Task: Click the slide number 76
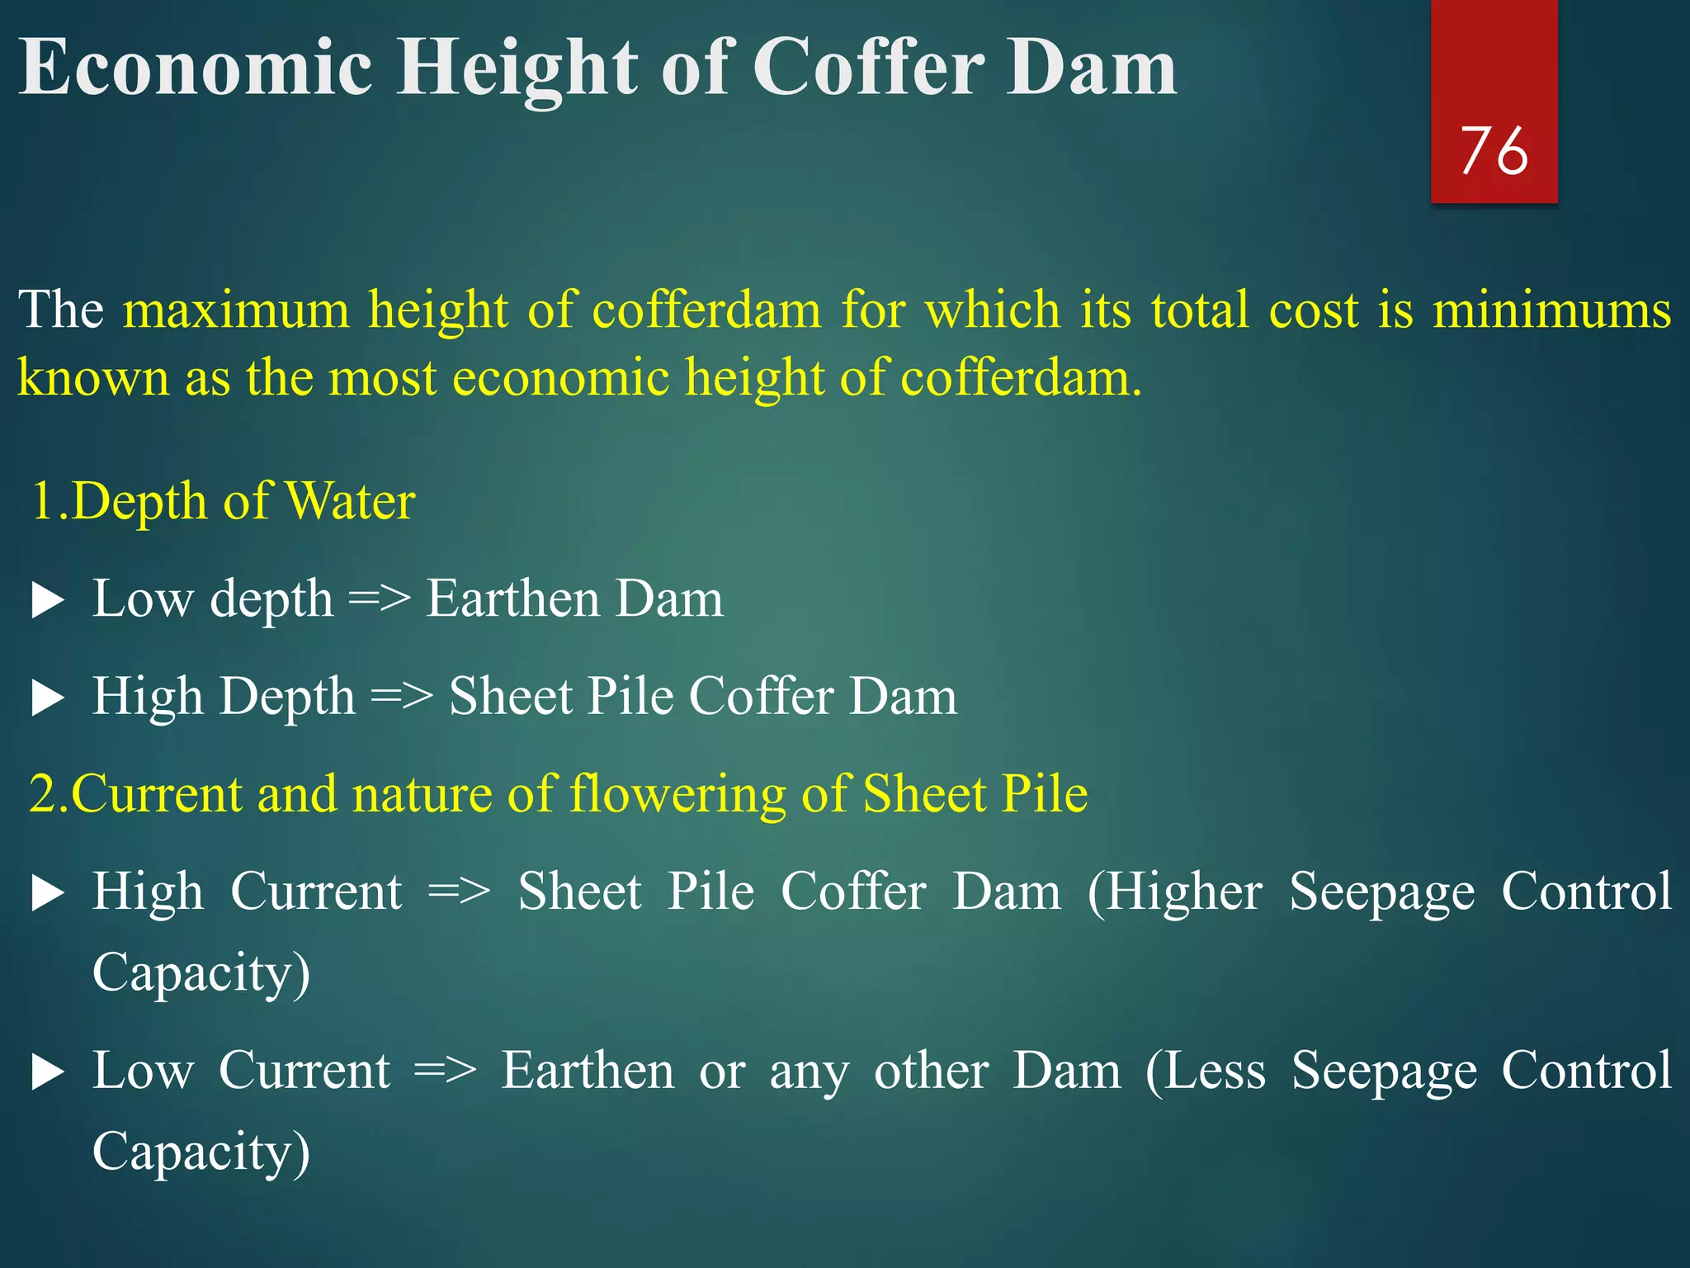(1494, 151)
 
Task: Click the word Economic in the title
(196, 68)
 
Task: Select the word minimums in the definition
(1551, 310)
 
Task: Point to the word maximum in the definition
(236, 310)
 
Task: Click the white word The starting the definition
(61, 310)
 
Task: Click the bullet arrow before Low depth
(48, 601)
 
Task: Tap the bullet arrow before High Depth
(48, 698)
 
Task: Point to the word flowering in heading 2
(676, 794)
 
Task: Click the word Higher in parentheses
(1184, 892)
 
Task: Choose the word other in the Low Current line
(931, 1071)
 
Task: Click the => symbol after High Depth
(402, 697)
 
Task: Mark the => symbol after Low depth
(380, 599)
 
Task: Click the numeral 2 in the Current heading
(43, 794)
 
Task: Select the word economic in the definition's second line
(560, 378)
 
